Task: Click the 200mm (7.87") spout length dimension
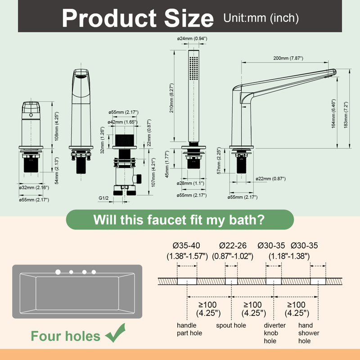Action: click(x=288, y=58)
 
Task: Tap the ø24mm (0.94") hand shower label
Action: click(x=192, y=39)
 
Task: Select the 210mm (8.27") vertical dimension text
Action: click(x=172, y=98)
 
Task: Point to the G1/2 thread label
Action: click(x=103, y=198)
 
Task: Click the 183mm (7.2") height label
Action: click(x=346, y=115)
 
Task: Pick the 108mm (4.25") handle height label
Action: click(x=57, y=126)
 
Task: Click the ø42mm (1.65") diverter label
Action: click(x=122, y=122)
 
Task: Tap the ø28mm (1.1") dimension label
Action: click(x=190, y=183)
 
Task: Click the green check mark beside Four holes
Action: click(x=116, y=333)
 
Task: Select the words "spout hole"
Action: click(x=231, y=325)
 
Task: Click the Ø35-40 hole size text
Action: click(x=186, y=245)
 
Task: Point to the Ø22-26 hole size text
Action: click(x=233, y=245)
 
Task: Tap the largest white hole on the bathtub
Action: click(x=58, y=272)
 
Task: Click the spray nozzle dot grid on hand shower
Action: click(x=194, y=68)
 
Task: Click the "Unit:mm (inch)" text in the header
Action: click(x=261, y=18)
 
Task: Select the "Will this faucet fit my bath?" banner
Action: click(x=180, y=220)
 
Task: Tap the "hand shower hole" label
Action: click(x=309, y=333)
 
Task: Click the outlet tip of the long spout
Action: click(x=334, y=72)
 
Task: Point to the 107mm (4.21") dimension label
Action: click(x=153, y=172)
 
